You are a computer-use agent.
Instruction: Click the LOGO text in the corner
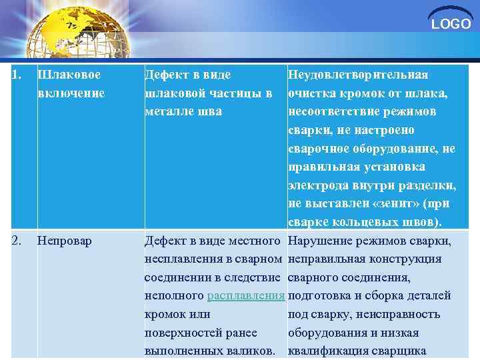click(x=451, y=25)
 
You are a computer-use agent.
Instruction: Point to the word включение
click(x=71, y=93)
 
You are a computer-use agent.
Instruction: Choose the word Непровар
click(x=65, y=240)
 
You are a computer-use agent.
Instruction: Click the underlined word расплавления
click(x=246, y=295)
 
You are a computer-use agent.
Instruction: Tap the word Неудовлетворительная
click(x=358, y=75)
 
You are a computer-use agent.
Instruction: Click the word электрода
click(x=315, y=185)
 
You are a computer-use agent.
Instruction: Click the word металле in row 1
click(x=167, y=112)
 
